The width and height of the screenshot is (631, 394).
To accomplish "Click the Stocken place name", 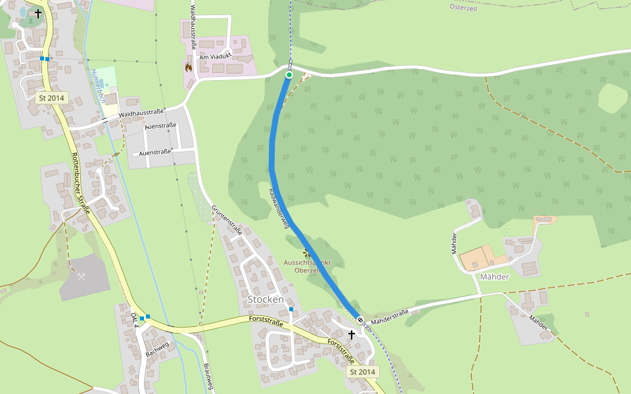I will tap(266, 299).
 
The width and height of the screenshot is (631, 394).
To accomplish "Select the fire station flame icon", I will tap(189, 67).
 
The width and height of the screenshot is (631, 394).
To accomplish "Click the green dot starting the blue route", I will tap(289, 75).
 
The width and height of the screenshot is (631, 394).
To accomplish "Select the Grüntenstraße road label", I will tap(227, 220).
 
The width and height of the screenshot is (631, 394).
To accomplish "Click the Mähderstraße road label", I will tap(389, 317).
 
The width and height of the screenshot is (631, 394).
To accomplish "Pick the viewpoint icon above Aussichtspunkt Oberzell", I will tap(306, 253).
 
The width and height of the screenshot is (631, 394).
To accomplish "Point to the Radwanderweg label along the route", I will tap(278, 209).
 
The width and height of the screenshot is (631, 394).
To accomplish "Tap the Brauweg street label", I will tap(208, 376).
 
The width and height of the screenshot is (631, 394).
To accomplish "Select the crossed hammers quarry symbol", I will tap(81, 276).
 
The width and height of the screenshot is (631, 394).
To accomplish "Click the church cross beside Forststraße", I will tap(352, 334).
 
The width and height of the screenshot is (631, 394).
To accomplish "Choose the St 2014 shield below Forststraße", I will tap(362, 372).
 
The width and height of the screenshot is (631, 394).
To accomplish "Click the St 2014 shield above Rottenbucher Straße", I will tap(51, 98).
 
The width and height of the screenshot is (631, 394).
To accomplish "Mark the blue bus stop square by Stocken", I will tap(291, 309).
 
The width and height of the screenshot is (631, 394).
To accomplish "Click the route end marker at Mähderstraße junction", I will tap(360, 320).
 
